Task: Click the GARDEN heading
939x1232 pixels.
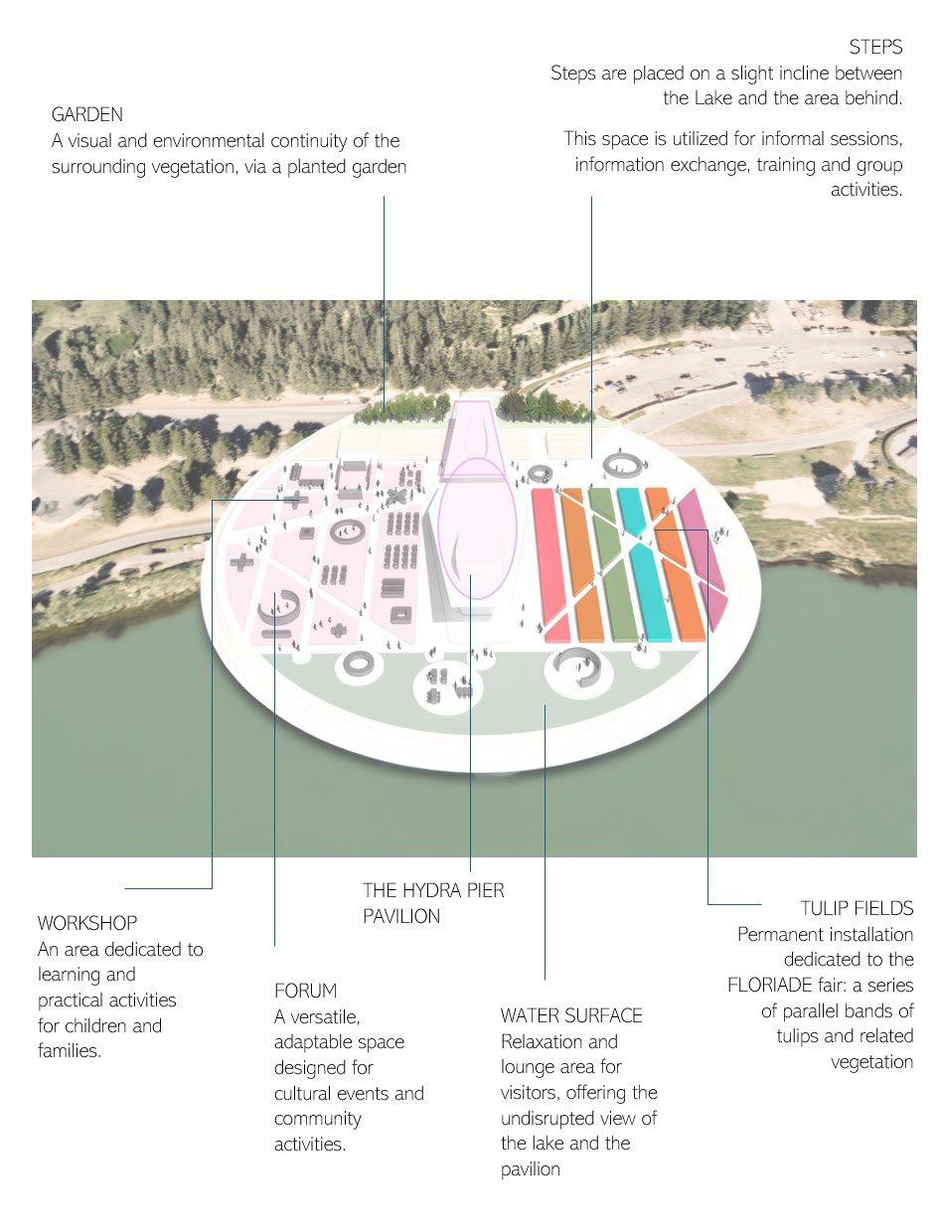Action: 87,115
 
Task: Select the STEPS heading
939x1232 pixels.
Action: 875,47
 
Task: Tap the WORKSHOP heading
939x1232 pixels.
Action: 87,923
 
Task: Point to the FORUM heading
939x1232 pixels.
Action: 305,991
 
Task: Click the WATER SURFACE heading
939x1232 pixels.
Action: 571,1015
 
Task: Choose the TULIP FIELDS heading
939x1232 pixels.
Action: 857,908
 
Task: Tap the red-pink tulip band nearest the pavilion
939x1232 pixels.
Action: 550,561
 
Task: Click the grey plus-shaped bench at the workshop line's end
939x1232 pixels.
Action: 294,498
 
